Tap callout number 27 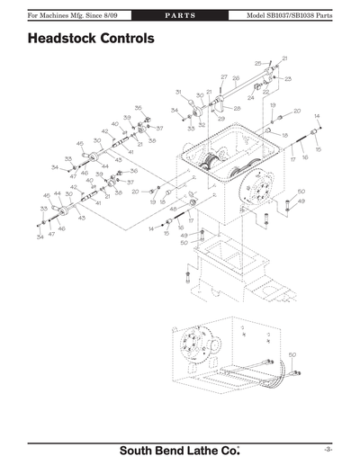[x=224, y=77]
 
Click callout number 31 [x=179, y=92]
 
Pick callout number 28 [x=238, y=108]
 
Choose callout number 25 [x=257, y=64]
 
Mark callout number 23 [x=287, y=79]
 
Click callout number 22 [x=266, y=92]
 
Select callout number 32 [x=202, y=125]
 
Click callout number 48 [x=173, y=208]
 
